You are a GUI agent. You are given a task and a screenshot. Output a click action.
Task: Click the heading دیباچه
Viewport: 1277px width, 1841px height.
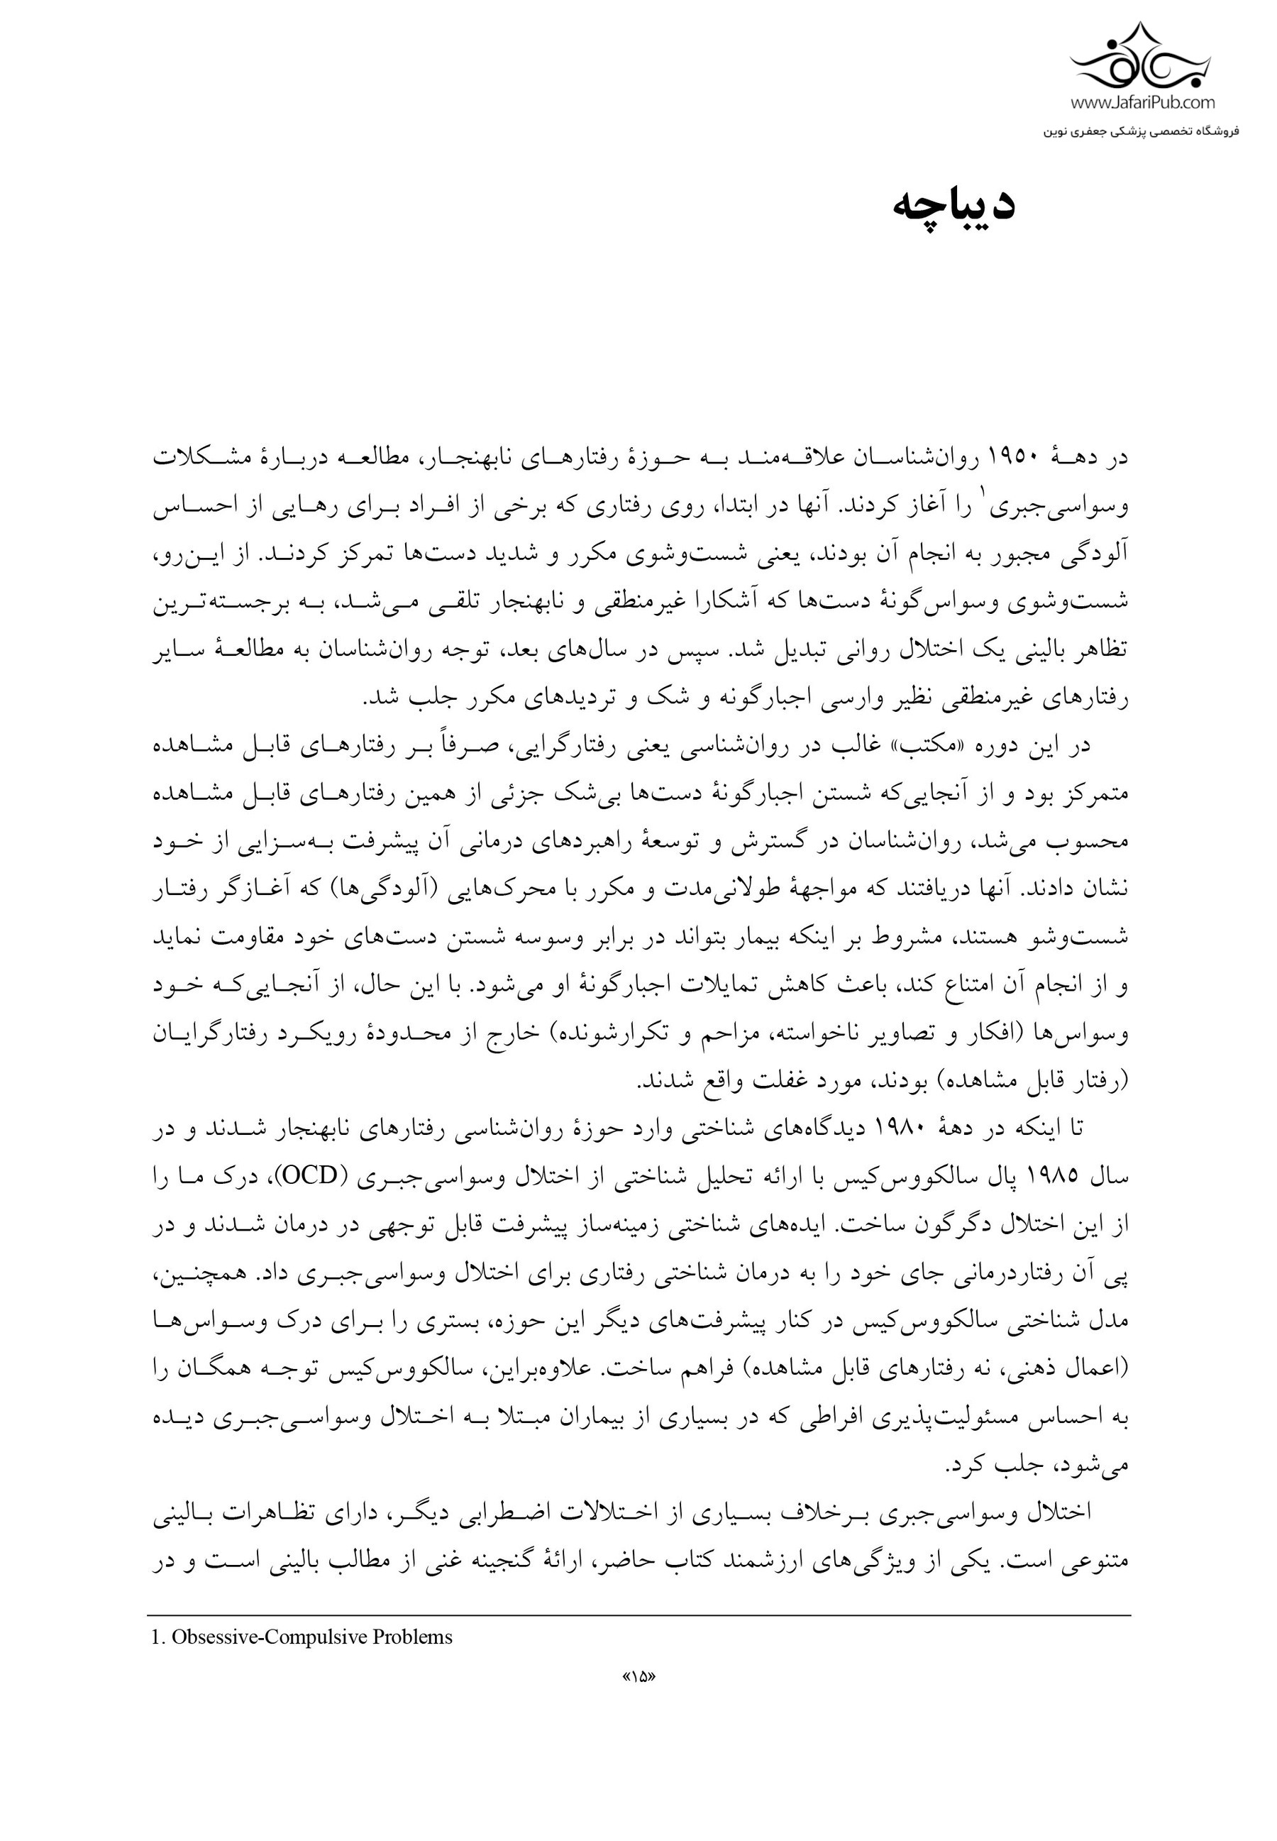pos(953,207)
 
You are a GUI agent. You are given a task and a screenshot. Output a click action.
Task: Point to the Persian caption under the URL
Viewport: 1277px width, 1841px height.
pos(1140,131)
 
